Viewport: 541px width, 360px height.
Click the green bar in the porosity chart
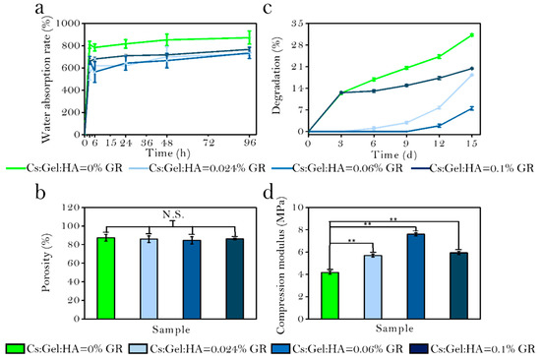tap(106, 278)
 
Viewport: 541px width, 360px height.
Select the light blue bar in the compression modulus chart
tap(373, 287)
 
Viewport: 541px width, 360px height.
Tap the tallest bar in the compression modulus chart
tap(416, 276)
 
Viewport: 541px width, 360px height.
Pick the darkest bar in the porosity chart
tap(235, 279)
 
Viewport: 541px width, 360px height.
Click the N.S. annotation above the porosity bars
tap(173, 214)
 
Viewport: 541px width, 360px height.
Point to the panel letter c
tap(268, 8)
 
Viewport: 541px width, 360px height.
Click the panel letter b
tap(40, 192)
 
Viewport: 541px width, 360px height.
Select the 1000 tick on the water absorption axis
tap(68, 24)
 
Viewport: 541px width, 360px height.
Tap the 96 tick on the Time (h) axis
tap(250, 143)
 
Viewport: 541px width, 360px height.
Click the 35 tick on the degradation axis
tap(297, 24)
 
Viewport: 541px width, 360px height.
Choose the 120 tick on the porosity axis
tap(71, 208)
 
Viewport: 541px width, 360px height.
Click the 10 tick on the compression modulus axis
tap(298, 208)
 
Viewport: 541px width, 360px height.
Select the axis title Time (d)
tap(393, 154)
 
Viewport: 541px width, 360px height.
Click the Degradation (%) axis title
tap(276, 75)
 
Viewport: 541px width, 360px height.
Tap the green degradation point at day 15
tap(472, 34)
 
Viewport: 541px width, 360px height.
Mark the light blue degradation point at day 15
tap(472, 75)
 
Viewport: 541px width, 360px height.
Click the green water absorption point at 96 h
tap(250, 37)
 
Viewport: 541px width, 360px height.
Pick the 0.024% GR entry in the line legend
tap(198, 168)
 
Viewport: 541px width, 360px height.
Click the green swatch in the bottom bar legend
tap(15, 349)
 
